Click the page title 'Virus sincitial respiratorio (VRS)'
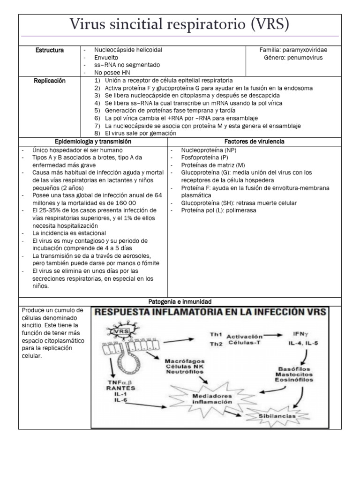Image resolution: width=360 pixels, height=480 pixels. (x=180, y=24)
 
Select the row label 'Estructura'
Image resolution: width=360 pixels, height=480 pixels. (x=50, y=50)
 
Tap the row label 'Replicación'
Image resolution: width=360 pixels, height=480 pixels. (x=50, y=81)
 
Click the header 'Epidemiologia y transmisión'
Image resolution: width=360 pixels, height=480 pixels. (x=93, y=141)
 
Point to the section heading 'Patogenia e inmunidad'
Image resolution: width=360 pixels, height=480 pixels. (x=180, y=301)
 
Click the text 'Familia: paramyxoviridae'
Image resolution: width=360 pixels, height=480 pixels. (x=293, y=50)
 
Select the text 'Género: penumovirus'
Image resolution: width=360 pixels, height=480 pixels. (x=293, y=58)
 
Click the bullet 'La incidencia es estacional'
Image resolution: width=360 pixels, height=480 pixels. (x=69, y=233)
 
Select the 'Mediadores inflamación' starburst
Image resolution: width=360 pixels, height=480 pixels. (x=211, y=398)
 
